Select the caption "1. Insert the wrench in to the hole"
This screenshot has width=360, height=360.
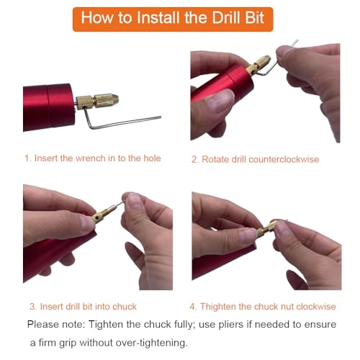tap(92, 158)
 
